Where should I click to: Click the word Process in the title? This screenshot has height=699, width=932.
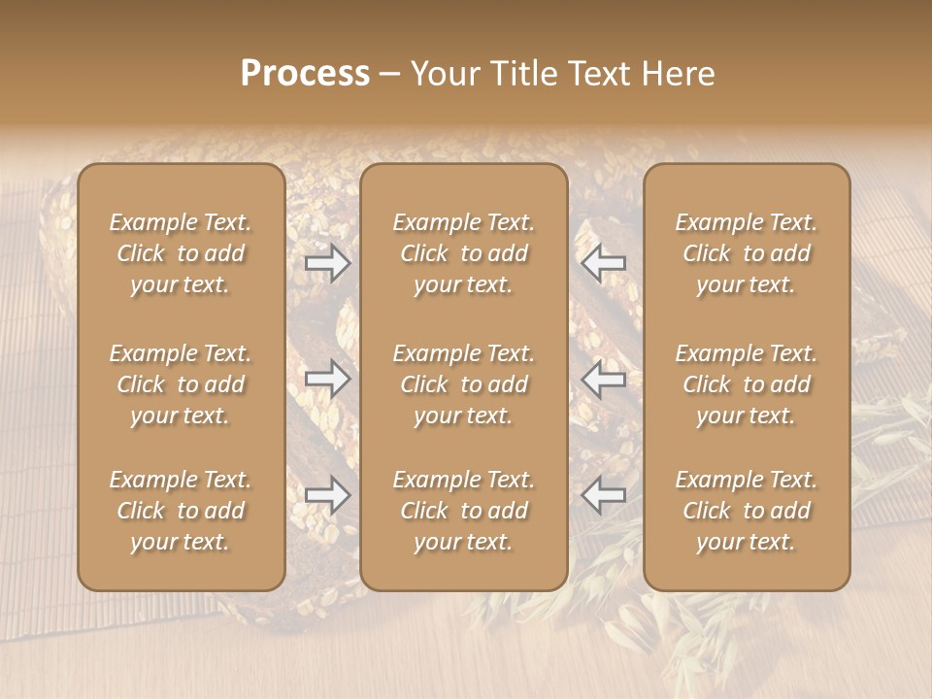(305, 74)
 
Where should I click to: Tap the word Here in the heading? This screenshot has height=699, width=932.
(678, 74)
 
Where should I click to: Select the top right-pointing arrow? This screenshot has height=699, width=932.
(328, 262)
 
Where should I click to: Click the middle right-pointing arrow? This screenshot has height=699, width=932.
(328, 380)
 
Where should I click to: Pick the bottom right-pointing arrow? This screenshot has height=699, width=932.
(328, 495)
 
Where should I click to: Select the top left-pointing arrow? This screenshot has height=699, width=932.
(603, 262)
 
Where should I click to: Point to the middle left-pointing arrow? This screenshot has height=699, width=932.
(603, 380)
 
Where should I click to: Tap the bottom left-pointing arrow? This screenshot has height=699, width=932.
(603, 495)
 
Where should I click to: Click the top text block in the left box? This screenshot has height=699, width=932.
(181, 253)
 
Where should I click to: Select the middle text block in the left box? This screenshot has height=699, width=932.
(181, 384)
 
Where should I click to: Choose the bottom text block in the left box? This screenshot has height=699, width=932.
(181, 511)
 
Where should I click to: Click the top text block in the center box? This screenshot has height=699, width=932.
(464, 253)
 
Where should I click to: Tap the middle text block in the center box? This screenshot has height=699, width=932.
(464, 384)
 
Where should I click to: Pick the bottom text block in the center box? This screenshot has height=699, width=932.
(464, 511)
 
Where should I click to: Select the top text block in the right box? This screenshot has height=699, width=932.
(747, 253)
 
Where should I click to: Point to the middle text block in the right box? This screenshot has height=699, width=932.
(747, 384)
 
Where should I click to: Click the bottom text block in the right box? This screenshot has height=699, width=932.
(747, 511)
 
